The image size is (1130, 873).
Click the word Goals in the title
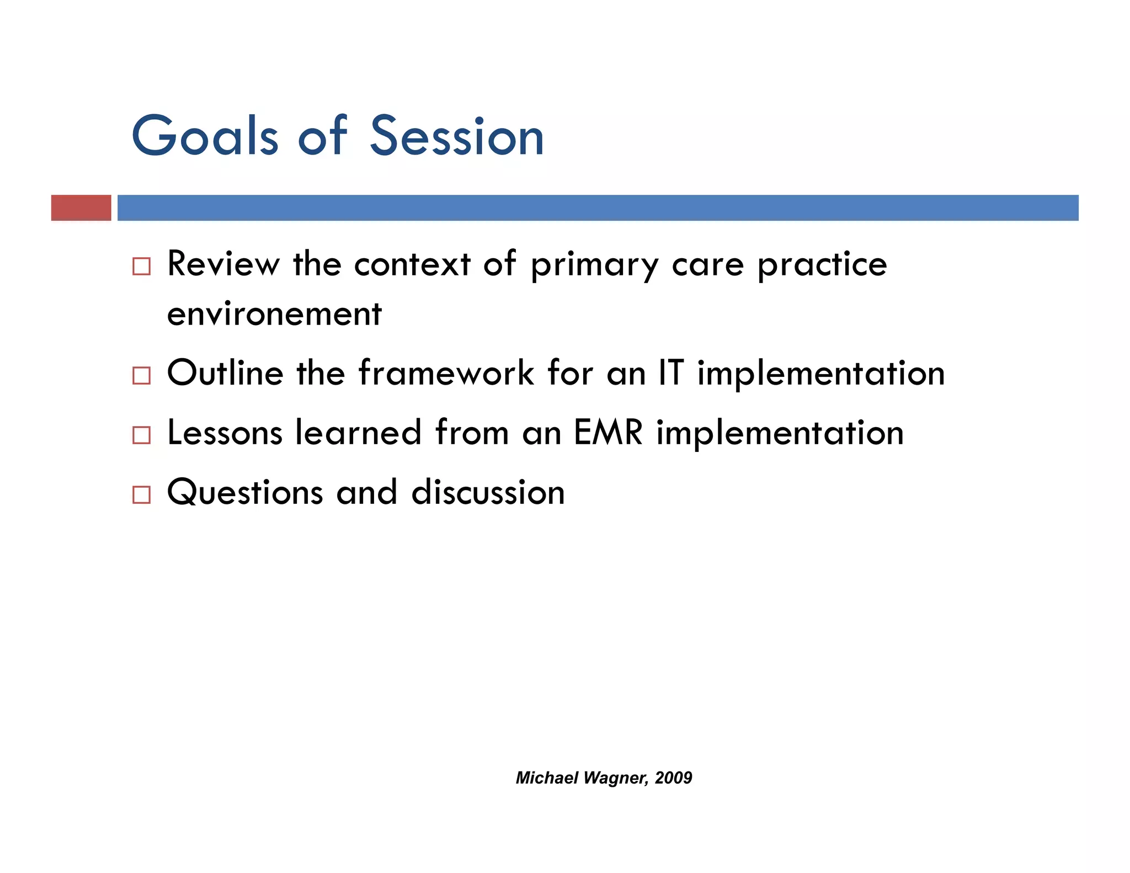pos(205,136)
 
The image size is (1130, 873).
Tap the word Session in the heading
pos(457,136)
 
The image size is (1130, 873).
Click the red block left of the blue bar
pos(81,208)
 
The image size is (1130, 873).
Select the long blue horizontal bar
pos(598,208)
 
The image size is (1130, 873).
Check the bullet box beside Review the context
pos(141,267)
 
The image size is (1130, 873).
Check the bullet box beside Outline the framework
pos(141,376)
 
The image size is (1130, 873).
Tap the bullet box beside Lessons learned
pos(141,435)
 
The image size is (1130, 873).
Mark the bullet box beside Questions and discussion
pos(141,495)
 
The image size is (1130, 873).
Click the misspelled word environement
pos(274,315)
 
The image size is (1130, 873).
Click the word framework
pos(446,373)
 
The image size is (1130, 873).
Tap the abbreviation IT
pos(670,373)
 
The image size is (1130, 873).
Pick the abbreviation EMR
pos(608,433)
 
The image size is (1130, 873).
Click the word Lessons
pos(225,433)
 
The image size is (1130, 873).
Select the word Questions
pos(244,492)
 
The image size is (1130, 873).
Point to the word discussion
pos(488,492)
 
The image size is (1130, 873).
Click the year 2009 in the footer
pos(673,778)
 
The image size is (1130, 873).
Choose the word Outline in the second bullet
pos(225,373)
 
